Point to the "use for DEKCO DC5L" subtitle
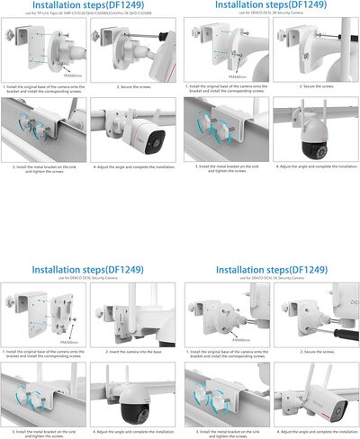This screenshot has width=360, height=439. tap(267, 14)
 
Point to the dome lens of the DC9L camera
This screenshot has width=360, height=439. tap(135, 411)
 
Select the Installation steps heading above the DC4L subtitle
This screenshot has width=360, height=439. tap(267, 270)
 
